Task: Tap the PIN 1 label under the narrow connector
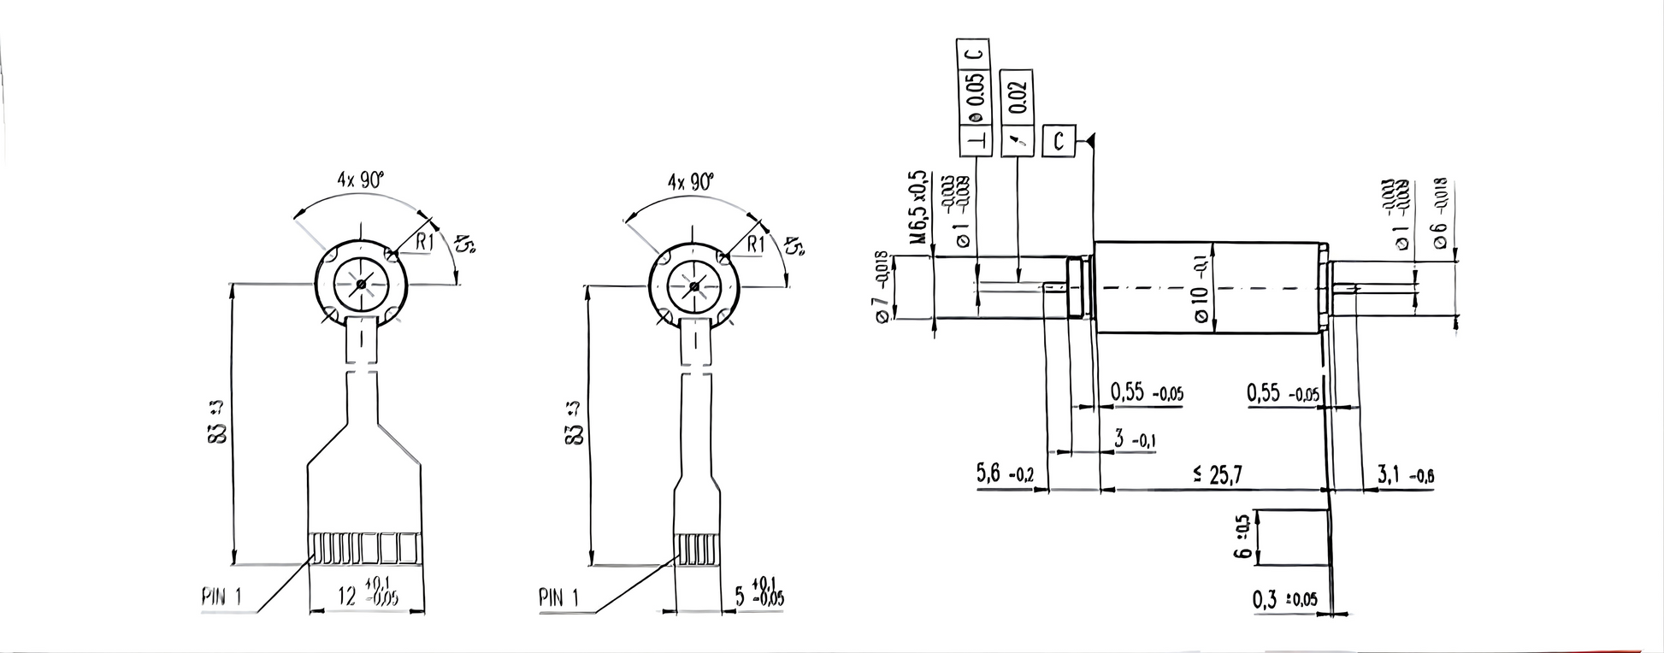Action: (558, 597)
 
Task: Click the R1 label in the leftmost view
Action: (425, 243)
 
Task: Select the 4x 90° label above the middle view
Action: (691, 181)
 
